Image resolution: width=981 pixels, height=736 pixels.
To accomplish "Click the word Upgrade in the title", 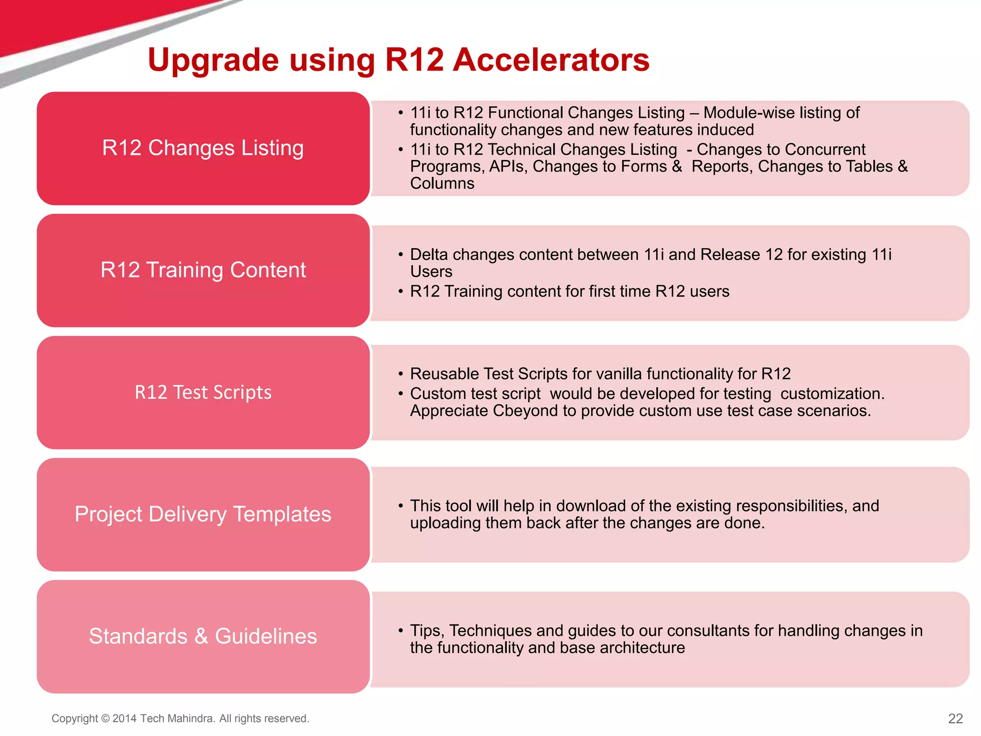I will pyautogui.click(x=213, y=61).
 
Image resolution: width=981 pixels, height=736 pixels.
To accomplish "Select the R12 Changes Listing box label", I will pyautogui.click(x=203, y=148).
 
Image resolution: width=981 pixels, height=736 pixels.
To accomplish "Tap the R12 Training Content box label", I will pyautogui.click(x=203, y=270).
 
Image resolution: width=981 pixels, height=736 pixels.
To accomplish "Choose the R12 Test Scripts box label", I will pyautogui.click(x=203, y=392).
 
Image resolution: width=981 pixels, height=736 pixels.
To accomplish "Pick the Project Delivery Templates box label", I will pyautogui.click(x=203, y=514).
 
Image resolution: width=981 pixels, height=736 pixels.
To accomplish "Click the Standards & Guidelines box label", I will pyautogui.click(x=203, y=636).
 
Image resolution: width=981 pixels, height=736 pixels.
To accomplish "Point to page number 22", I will pyautogui.click(x=955, y=718).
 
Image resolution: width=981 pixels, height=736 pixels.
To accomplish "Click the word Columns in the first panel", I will pyautogui.click(x=442, y=184).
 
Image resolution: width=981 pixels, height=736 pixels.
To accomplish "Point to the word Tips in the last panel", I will pyautogui.click(x=427, y=631).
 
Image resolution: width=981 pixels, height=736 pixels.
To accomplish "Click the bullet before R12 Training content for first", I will pyautogui.click(x=400, y=291).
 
